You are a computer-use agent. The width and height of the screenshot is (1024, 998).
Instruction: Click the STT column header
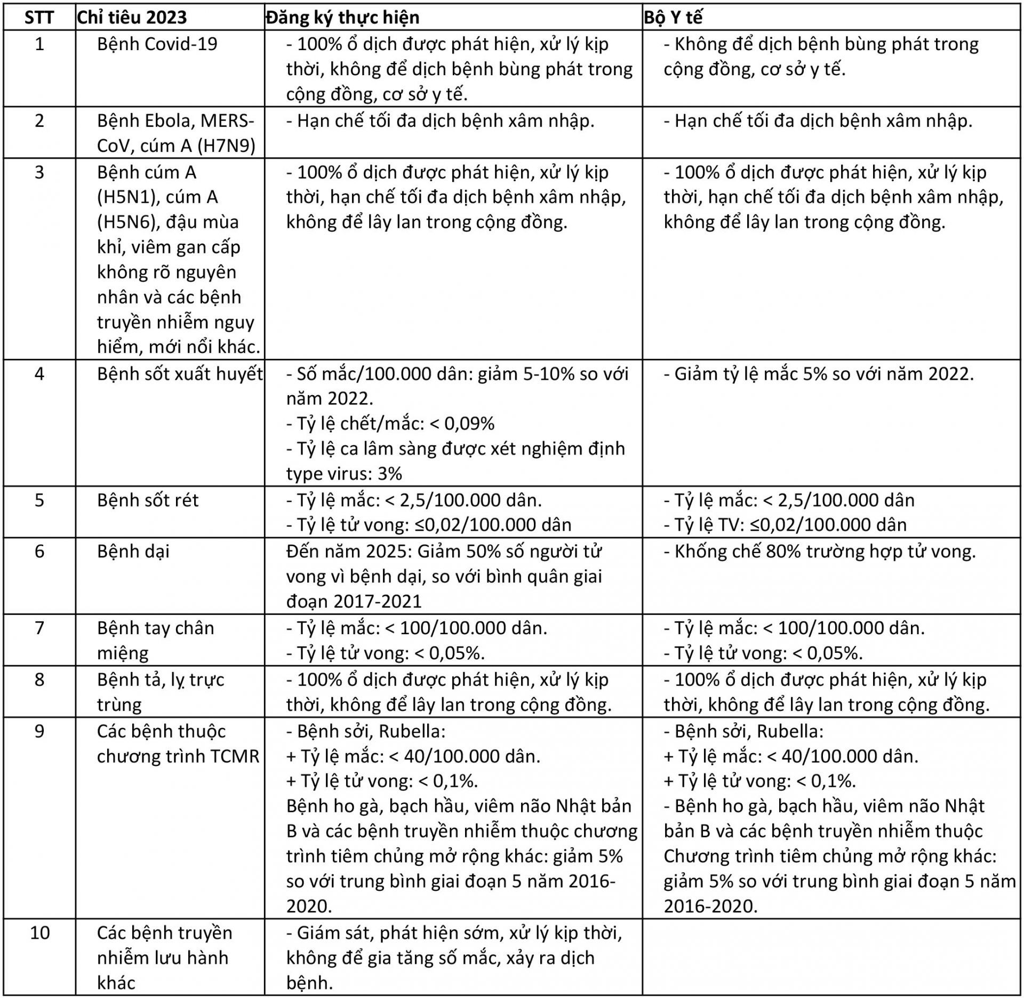tap(39, 18)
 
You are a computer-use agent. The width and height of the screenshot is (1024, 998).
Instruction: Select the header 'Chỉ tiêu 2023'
tap(132, 18)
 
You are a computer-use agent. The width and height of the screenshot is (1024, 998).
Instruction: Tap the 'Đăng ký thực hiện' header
tap(342, 18)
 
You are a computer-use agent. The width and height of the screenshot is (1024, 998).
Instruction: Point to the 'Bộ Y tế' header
tap(673, 18)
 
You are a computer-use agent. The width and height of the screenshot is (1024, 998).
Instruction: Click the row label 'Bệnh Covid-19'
tap(157, 44)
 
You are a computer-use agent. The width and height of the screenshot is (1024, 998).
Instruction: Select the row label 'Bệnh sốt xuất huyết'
tap(180, 374)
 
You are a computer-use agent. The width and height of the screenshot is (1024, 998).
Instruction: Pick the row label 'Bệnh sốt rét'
tap(148, 500)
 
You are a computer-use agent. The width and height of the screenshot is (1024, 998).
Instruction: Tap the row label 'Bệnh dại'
tap(133, 552)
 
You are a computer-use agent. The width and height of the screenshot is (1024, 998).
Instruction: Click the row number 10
tap(39, 933)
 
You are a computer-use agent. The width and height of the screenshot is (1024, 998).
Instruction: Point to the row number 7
tap(39, 628)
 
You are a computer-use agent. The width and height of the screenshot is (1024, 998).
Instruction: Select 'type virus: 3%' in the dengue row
tap(344, 474)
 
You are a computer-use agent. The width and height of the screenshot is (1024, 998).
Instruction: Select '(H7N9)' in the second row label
tap(226, 146)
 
